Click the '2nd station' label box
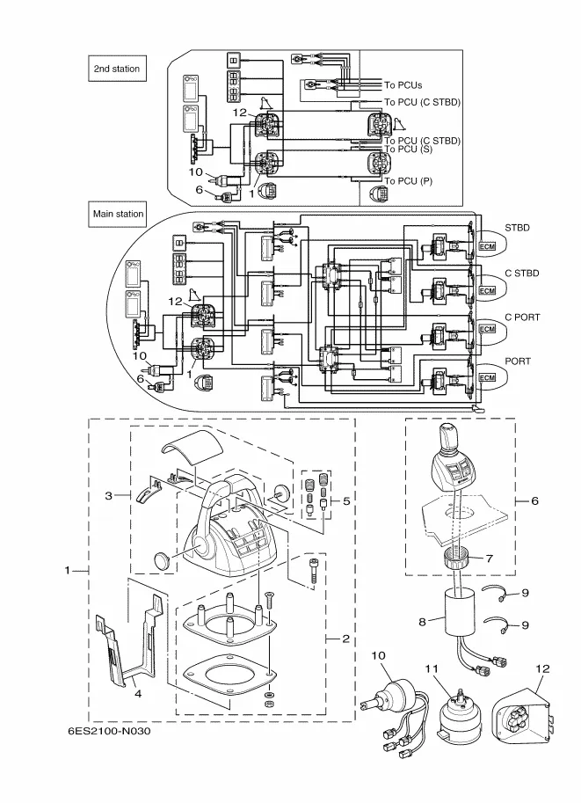click(x=117, y=69)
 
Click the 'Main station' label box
click(x=119, y=214)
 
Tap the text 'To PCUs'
click(x=403, y=85)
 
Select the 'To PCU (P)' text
click(x=409, y=181)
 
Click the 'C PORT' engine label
click(x=522, y=317)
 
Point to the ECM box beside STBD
click(x=488, y=246)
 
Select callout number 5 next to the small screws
click(x=346, y=500)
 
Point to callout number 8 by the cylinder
click(x=423, y=621)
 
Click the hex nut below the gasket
click(x=268, y=704)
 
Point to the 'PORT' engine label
click(x=519, y=361)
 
